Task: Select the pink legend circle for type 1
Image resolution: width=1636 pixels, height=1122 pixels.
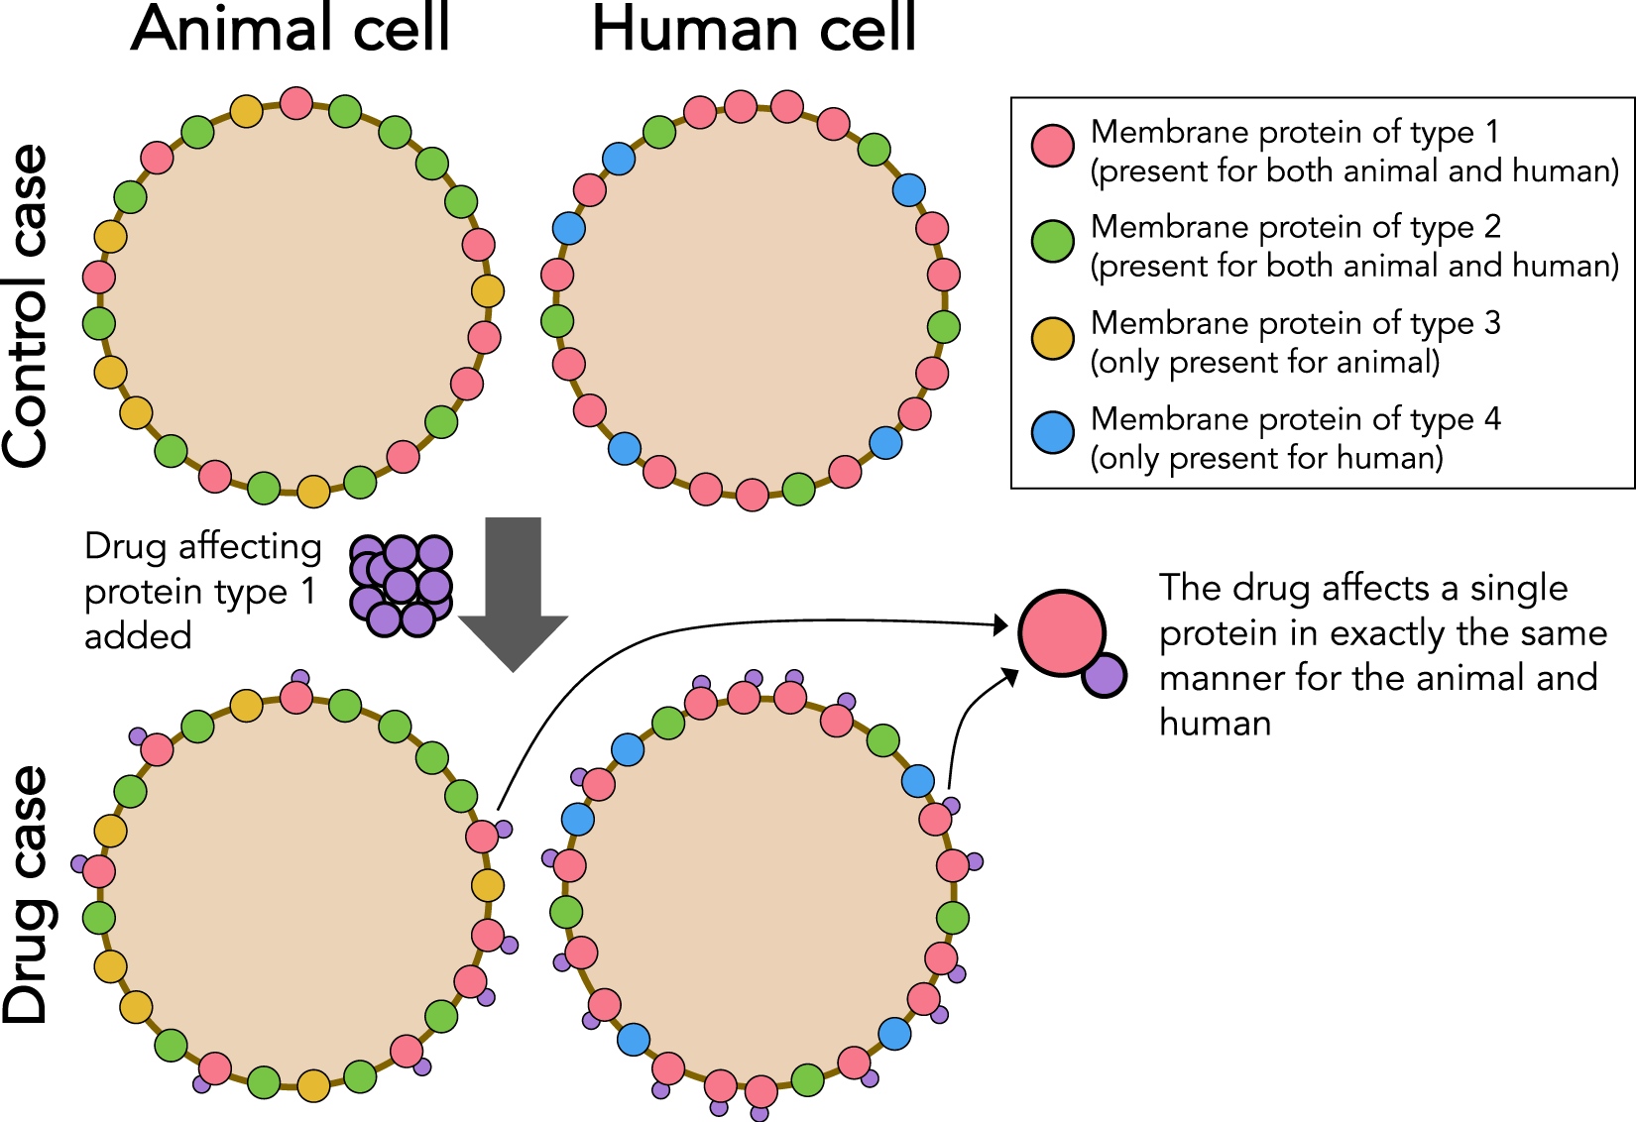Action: coord(1052,145)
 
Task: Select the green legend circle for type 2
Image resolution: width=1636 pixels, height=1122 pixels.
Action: coord(1052,241)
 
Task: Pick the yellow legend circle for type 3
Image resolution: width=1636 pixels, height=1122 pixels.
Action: coord(1052,338)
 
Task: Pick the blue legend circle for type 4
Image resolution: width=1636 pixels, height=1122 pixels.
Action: coord(1052,433)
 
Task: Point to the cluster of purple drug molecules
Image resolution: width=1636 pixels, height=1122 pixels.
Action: coord(401,586)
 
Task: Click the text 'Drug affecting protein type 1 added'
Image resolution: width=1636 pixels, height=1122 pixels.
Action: coord(201,591)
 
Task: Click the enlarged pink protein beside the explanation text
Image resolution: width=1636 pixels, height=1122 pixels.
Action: coord(1061,633)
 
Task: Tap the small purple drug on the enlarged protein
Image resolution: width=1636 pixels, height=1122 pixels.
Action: coord(1105,675)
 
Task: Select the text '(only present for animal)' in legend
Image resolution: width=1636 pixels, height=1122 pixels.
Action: coord(1264,363)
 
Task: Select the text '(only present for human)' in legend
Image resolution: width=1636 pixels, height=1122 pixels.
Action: coord(1266,458)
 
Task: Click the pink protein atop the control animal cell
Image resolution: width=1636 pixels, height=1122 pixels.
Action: coord(296,102)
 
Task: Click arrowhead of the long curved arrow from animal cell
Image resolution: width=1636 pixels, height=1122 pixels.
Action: coord(1001,625)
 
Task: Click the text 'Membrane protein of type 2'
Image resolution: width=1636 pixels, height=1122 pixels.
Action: coord(1295,227)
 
